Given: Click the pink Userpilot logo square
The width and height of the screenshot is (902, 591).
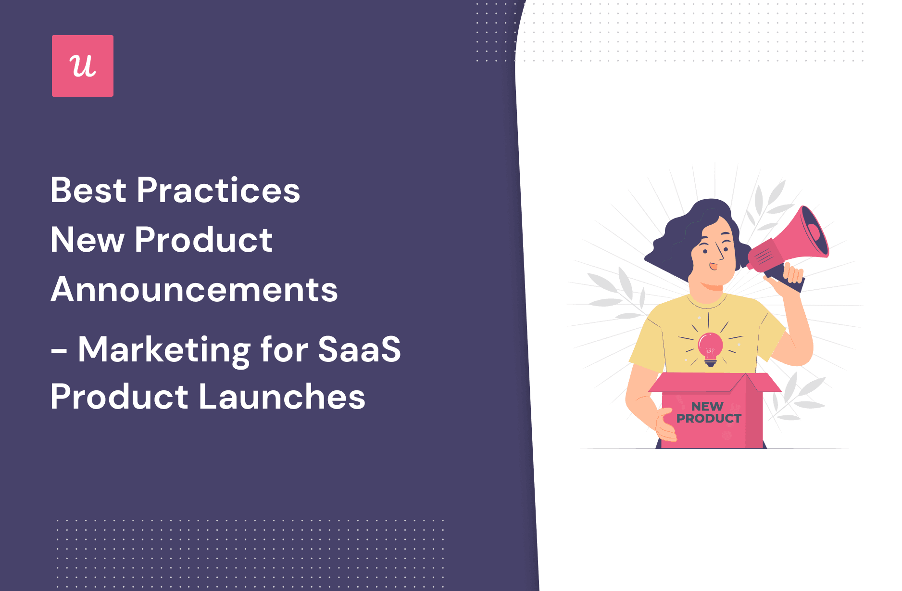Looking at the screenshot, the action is click(x=83, y=66).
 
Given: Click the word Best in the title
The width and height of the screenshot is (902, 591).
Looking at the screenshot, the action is click(x=88, y=190).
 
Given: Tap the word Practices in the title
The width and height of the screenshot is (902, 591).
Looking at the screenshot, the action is click(x=219, y=190).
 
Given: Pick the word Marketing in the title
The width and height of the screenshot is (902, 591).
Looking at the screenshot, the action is click(x=164, y=350).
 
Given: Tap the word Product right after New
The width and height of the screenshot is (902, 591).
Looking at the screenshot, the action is click(x=204, y=240).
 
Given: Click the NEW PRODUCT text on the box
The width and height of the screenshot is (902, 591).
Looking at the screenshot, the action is click(x=709, y=412).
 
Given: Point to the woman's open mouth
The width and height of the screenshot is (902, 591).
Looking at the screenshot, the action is click(x=714, y=266).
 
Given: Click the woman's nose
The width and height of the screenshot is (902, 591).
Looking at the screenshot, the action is click(x=720, y=252).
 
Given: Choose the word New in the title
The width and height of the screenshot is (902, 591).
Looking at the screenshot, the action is click(x=88, y=240).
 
